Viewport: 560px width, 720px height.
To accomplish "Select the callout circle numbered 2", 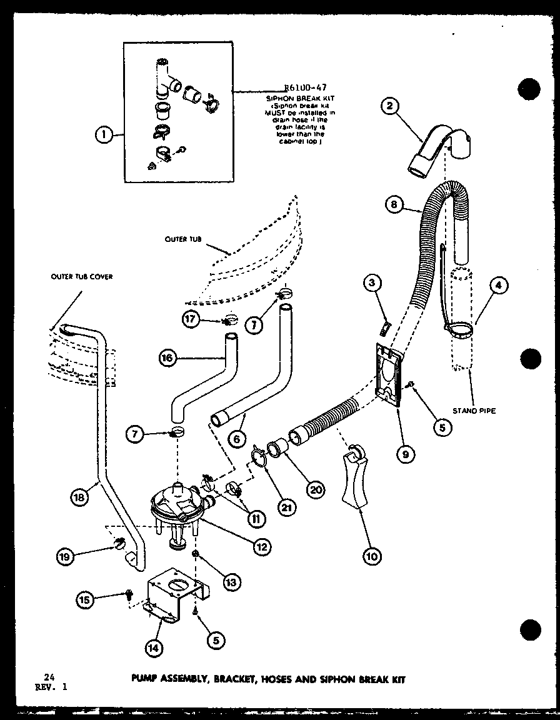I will (391, 106).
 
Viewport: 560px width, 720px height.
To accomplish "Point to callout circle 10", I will (372, 556).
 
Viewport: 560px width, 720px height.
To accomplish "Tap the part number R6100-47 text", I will (305, 88).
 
